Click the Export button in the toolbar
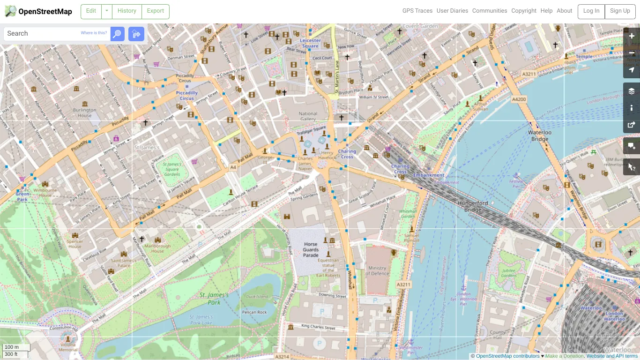[x=155, y=11]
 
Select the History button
[x=127, y=11]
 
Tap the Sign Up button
[x=620, y=11]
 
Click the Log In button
[x=591, y=11]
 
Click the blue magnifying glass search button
[x=117, y=34]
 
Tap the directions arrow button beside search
[x=136, y=34]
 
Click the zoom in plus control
[x=631, y=36]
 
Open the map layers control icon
[x=631, y=91]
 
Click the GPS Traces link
[x=417, y=11]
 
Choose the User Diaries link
[x=452, y=11]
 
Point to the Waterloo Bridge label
[x=540, y=135]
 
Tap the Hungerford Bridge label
[x=473, y=206]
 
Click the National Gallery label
[x=308, y=116]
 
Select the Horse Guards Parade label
[x=311, y=249]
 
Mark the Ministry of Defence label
[x=378, y=270]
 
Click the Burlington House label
[x=85, y=112]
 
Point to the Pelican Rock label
[x=254, y=312]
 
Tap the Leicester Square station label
[x=310, y=43]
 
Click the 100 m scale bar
[x=16, y=347]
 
